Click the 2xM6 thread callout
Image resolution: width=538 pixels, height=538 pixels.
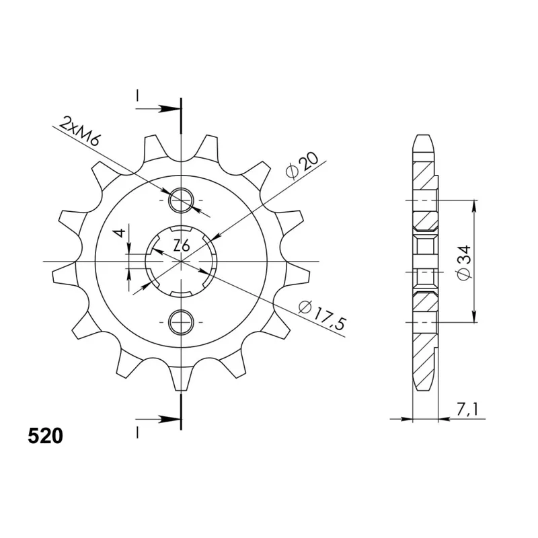pyautogui.click(x=79, y=132)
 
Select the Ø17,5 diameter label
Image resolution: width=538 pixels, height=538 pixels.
pyautogui.click(x=321, y=315)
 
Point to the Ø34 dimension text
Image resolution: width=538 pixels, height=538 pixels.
pyautogui.click(x=464, y=263)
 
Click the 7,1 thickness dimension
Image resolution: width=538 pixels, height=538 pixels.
pyautogui.click(x=467, y=410)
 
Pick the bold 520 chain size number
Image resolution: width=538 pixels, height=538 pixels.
pyautogui.click(x=46, y=436)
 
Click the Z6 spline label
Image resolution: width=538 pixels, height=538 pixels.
pyautogui.click(x=182, y=246)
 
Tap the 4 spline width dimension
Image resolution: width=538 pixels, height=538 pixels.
pyautogui.click(x=121, y=233)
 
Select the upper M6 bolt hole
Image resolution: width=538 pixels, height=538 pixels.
pyautogui.click(x=181, y=200)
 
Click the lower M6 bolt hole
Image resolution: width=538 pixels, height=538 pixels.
pyautogui.click(x=181, y=323)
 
